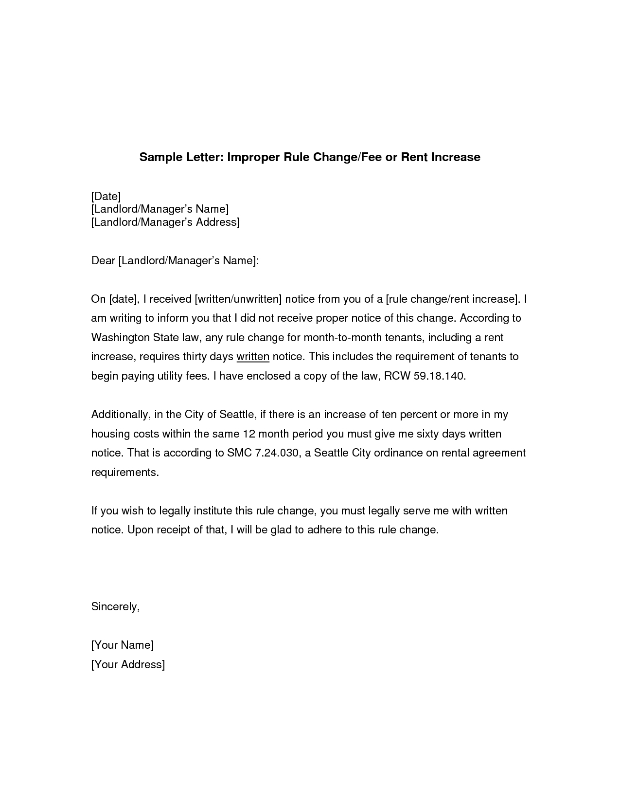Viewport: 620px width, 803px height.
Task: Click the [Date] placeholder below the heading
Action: (x=106, y=196)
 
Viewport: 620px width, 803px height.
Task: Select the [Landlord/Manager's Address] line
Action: (x=165, y=222)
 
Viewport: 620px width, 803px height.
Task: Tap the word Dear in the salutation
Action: (x=103, y=261)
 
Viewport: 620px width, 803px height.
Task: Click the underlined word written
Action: (x=253, y=357)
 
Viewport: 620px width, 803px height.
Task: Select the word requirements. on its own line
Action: (x=125, y=473)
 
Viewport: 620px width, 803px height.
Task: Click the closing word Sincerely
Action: (x=115, y=607)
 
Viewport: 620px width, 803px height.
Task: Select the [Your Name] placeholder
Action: (x=123, y=645)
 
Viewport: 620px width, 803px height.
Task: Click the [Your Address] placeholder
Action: (x=128, y=665)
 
